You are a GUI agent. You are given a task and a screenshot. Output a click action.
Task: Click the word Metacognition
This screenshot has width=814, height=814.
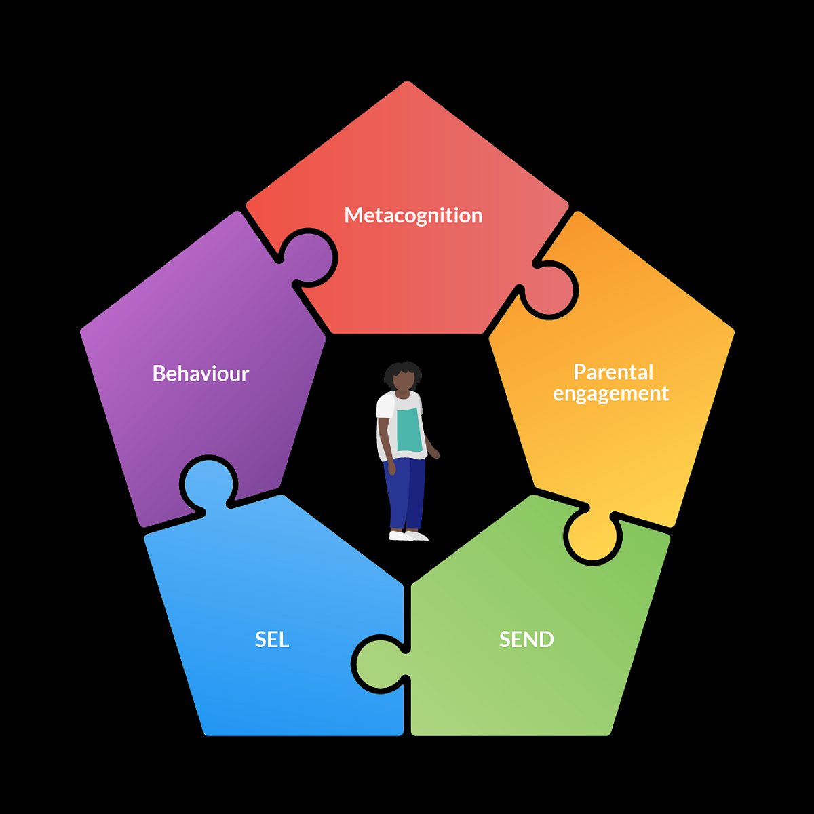413,216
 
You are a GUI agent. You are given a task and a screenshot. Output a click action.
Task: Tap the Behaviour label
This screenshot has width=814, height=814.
201,374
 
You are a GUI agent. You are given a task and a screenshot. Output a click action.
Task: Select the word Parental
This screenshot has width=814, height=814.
613,372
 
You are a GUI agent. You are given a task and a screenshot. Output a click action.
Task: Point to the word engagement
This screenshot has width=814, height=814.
610,394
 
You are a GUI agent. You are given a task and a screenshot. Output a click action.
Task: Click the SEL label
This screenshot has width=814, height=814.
272,640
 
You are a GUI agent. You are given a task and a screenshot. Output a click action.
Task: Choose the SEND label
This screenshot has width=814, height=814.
526,640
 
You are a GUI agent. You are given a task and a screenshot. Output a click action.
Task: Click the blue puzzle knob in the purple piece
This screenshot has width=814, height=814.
208,483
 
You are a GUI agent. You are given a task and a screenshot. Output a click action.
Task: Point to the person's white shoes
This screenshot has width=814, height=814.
409,536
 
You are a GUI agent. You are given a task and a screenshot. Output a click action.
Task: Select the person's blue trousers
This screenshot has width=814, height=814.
406,492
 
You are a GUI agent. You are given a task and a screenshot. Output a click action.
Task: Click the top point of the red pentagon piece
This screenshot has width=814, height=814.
408,83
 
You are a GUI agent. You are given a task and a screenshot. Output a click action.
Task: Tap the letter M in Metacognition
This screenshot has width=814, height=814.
353,216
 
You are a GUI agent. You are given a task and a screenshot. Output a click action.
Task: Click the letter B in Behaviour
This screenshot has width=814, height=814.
159,374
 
